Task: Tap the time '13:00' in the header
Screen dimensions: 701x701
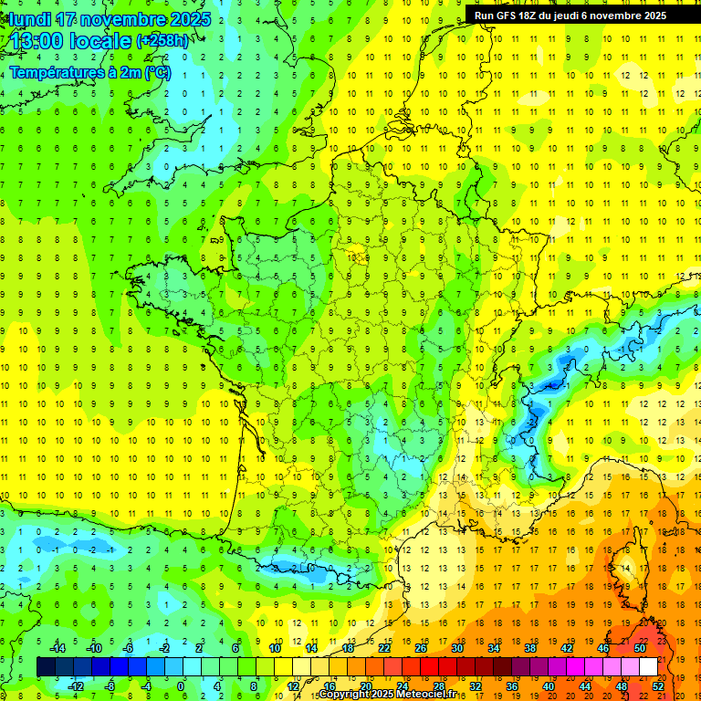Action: [34, 42]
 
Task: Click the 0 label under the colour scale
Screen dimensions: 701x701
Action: [181, 685]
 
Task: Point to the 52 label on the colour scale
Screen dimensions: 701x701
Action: [658, 685]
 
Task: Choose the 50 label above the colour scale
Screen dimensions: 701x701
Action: [640, 648]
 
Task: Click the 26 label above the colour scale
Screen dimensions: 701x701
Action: [421, 648]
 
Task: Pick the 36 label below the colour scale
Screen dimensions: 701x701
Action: [512, 685]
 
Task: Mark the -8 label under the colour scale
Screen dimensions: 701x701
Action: [110, 685]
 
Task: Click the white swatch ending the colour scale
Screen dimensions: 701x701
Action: [648, 667]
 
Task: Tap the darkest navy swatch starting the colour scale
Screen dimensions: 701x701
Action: [46, 667]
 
